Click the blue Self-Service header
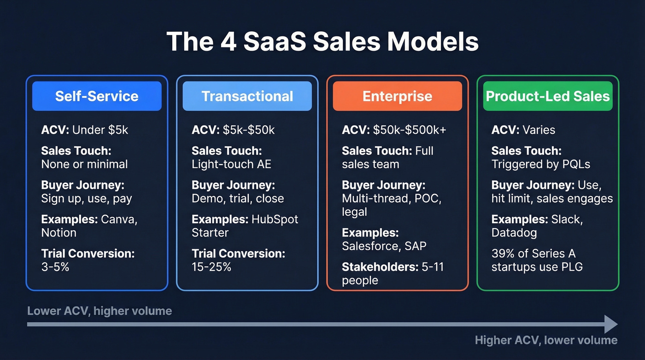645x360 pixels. click(97, 96)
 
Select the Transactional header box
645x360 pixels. click(247, 96)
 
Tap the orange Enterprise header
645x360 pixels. click(397, 96)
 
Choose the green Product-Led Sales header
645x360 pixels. click(547, 96)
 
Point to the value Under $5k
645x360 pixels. click(100, 130)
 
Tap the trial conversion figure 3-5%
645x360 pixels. click(55, 266)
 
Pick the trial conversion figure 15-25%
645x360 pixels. click(211, 266)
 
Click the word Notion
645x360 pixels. click(59, 232)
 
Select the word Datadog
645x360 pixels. click(514, 232)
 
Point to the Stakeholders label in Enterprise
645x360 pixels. click(373, 266)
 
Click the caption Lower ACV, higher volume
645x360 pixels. click(100, 311)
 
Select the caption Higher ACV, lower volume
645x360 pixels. click(546, 340)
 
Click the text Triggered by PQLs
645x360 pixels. click(540, 164)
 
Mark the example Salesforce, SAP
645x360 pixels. click(384, 246)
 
